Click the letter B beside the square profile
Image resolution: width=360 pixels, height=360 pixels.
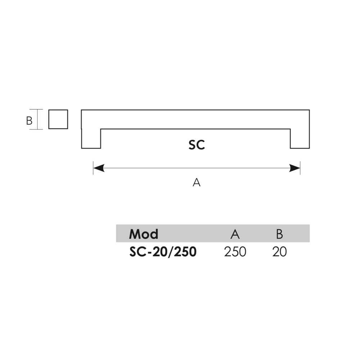pyautogui.click(x=29, y=121)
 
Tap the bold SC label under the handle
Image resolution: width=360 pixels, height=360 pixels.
pyautogui.click(x=197, y=145)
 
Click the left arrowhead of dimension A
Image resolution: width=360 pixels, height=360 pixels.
pyautogui.click(x=99, y=168)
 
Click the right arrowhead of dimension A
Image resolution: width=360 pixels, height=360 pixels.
pyautogui.click(x=294, y=168)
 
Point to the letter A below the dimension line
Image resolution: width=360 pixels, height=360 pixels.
pyautogui.click(x=197, y=183)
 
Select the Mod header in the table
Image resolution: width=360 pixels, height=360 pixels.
pyautogui.click(x=144, y=234)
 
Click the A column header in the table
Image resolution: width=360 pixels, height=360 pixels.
pyautogui.click(x=235, y=234)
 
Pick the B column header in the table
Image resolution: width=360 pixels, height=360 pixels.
pyautogui.click(x=279, y=234)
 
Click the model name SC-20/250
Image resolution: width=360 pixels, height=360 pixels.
pyautogui.click(x=163, y=252)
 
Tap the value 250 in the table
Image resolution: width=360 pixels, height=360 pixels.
pyautogui.click(x=235, y=252)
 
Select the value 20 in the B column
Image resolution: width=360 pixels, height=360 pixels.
pyautogui.click(x=279, y=252)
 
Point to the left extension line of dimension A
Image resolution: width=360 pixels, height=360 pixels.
pyautogui.click(x=93, y=168)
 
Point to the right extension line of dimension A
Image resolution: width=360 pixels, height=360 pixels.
pyautogui.click(x=300, y=168)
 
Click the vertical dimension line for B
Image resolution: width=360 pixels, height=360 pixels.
pyautogui.click(x=37, y=120)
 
